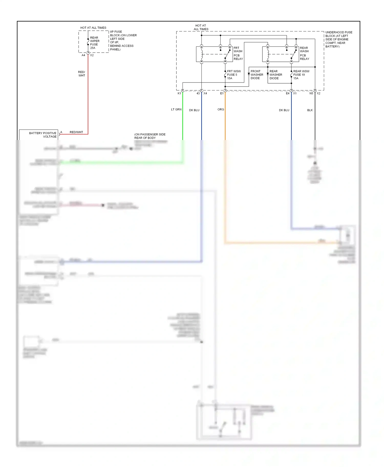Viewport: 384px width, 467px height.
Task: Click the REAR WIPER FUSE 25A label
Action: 94,43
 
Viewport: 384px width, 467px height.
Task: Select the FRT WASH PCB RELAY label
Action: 238,53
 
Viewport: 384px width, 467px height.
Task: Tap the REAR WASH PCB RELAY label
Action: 304,53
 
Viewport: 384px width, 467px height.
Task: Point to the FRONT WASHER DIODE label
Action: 257,75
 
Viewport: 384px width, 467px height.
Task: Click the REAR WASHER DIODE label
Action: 275,75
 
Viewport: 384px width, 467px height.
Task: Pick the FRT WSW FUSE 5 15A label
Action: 233,75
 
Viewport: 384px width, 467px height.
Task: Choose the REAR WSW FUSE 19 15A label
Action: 301,75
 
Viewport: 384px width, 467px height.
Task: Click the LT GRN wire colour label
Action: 176,109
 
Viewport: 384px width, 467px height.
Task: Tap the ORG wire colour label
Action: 221,109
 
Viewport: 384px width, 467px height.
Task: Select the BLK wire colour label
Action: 310,110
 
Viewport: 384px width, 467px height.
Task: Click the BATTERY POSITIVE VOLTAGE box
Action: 39,135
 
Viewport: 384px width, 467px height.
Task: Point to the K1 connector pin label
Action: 179,94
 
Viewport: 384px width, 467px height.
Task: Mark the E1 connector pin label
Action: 222,94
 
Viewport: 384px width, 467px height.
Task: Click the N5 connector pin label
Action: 311,94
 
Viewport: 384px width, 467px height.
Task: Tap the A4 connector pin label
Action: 83,55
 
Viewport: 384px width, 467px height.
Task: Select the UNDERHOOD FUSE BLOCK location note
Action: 338,39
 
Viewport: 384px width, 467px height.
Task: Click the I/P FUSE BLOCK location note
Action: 123,40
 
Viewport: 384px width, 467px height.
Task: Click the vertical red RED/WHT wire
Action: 88,97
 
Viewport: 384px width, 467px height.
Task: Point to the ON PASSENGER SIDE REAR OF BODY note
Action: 150,136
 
